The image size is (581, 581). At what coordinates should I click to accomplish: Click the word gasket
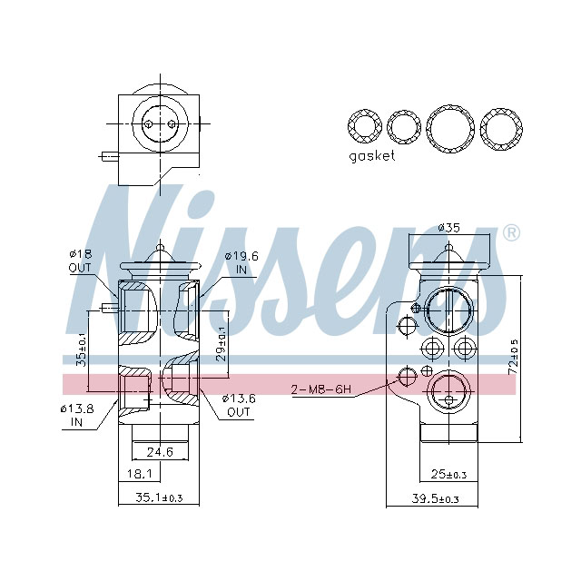point(372,156)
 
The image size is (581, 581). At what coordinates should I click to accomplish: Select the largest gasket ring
point(451,129)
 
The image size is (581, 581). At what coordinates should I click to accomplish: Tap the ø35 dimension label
point(448,227)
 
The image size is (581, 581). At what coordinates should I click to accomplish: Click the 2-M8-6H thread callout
point(321,390)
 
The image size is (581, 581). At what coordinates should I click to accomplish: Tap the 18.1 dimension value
point(139,474)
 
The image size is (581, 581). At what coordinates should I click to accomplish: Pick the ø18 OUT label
point(80,261)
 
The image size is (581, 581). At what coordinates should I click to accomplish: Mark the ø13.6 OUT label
point(239,404)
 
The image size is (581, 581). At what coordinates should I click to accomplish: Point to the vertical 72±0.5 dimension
point(513,358)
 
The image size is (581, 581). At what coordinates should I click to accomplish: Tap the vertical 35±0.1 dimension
point(80,349)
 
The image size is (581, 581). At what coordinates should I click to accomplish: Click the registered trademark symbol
point(511,232)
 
